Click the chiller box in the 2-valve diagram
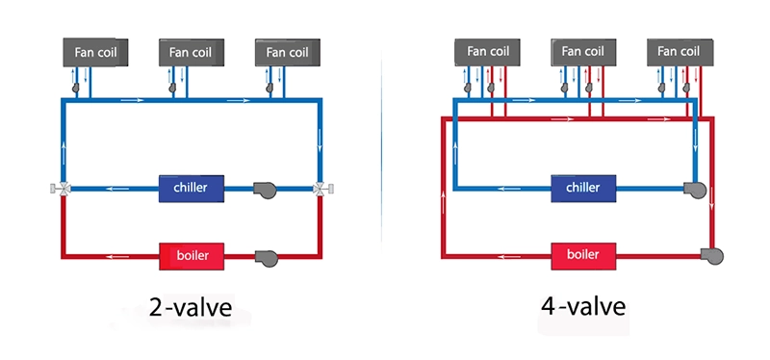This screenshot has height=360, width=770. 191,187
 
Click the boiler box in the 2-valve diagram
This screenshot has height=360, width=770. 191,256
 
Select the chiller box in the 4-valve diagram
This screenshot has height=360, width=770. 582,187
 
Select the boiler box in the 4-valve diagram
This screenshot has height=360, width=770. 583,256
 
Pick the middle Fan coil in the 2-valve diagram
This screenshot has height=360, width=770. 191,53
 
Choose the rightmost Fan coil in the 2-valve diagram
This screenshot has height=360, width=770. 287,52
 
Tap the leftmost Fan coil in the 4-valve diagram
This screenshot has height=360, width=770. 487,52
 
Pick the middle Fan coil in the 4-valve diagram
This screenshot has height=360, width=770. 583,52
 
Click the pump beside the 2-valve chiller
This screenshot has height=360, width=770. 264,189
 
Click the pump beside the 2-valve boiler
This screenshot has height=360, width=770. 264,257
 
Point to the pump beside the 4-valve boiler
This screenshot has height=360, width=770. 713,256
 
